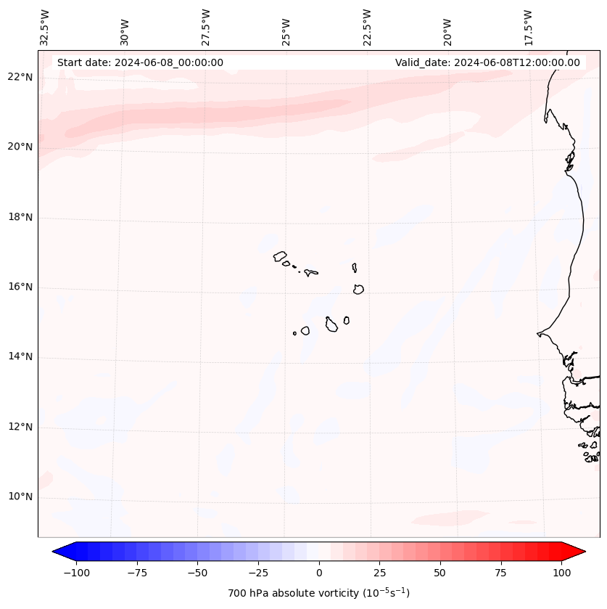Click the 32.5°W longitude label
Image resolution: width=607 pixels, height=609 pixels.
point(45,26)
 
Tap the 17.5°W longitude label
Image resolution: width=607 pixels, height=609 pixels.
point(528,26)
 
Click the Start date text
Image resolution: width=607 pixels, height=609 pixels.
point(140,62)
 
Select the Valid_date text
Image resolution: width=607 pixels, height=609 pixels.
point(487,62)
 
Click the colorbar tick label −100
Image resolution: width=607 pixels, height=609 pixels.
point(76,573)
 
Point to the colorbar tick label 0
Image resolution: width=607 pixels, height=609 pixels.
point(319,573)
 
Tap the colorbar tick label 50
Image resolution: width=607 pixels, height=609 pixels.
point(440,573)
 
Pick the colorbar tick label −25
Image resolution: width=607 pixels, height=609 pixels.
point(258,573)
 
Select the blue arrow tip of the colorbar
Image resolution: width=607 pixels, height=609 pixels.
point(58,552)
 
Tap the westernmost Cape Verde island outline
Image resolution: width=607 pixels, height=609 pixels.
point(280,256)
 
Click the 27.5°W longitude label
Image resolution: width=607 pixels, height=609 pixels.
point(206,26)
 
